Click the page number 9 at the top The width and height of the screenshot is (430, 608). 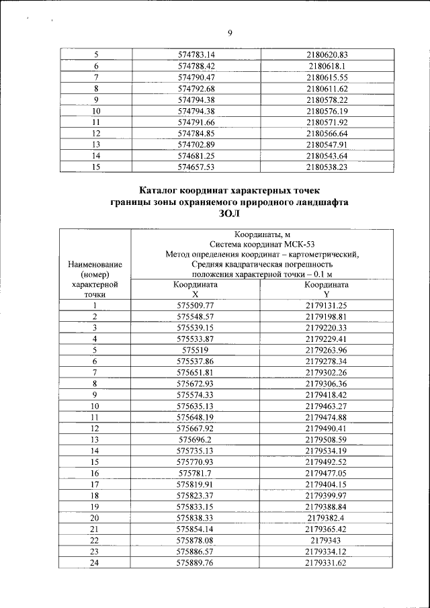tap(229, 35)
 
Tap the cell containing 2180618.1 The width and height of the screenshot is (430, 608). tap(327, 66)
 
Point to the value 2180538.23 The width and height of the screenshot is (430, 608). tap(327, 167)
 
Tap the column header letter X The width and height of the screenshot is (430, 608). tap(196, 294)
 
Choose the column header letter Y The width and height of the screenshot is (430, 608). tap(327, 294)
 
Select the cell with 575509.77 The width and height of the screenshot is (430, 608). tap(196, 306)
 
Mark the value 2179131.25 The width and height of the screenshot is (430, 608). tap(327, 306)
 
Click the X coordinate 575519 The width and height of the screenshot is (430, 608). tap(196, 350)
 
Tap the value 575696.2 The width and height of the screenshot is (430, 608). tap(196, 439)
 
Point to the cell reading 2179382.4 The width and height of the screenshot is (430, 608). tap(327, 517)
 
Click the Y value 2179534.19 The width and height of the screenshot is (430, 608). tap(327, 450)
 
